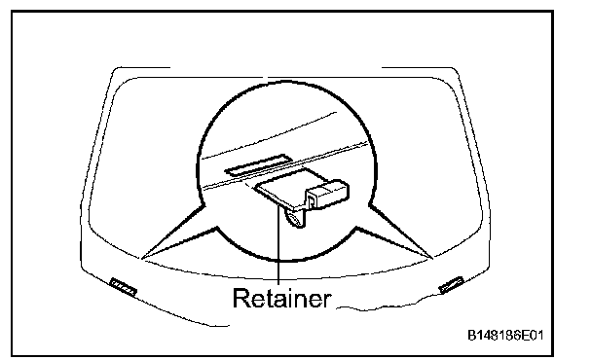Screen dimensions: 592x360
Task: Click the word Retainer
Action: pos(281,298)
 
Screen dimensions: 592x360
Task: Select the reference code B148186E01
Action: pos(505,335)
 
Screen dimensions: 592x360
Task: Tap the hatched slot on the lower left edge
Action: pos(123,286)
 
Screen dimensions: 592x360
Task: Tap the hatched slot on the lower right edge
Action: pos(451,285)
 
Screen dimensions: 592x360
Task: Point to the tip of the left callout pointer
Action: pos(141,259)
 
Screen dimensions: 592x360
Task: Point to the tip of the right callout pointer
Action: pos(432,259)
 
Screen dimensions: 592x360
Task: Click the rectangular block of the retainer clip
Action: pos(327,194)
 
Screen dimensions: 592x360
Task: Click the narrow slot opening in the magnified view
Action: pos(257,165)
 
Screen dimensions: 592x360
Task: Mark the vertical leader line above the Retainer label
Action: pos(278,244)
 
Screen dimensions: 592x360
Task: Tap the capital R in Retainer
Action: pos(240,298)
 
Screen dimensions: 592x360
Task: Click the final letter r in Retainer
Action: pos(327,301)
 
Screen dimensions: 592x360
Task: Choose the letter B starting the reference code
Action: pos(471,335)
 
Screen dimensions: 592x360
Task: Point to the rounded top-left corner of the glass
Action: pos(120,85)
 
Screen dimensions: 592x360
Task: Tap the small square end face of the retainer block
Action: pos(312,200)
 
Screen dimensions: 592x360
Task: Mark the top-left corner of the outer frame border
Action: pos(12,12)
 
